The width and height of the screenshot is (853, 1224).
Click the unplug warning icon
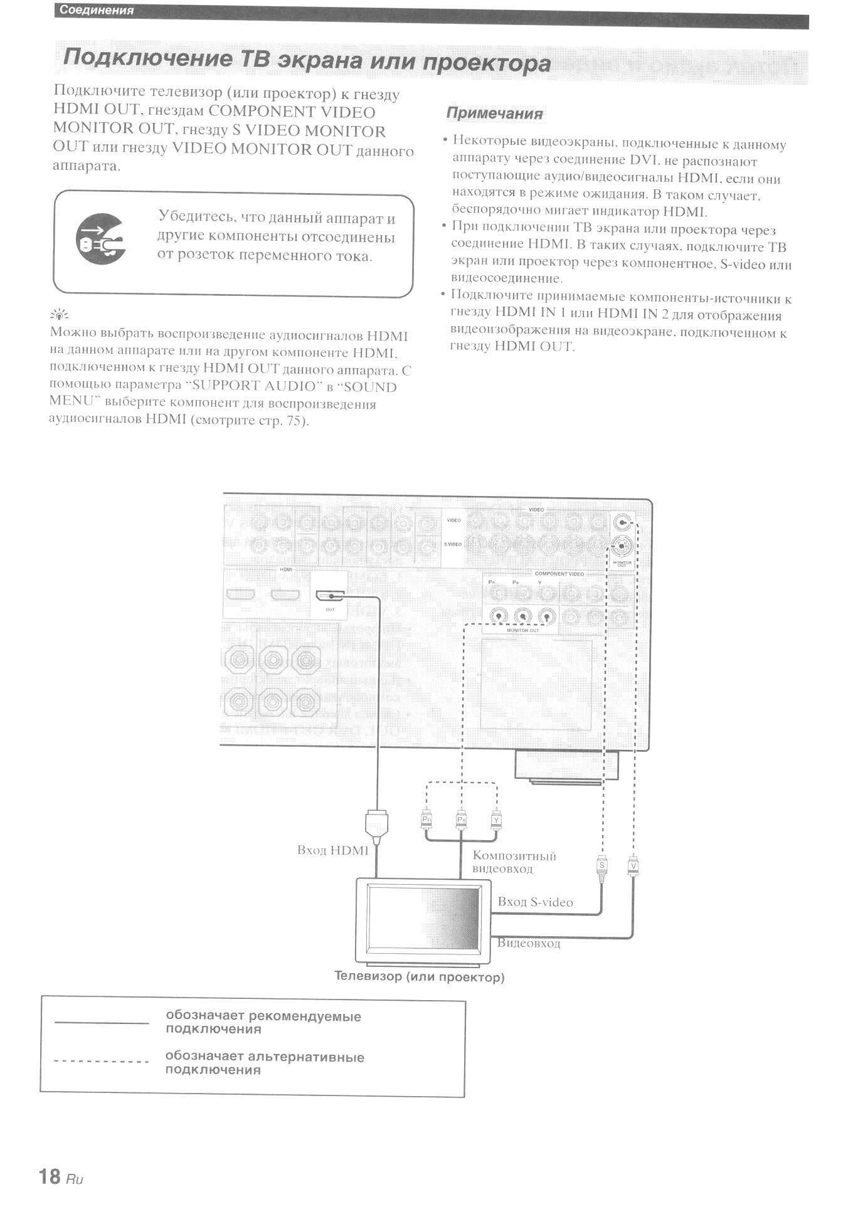pyautogui.click(x=100, y=239)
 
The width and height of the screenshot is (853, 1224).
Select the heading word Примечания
pyautogui.click(x=494, y=113)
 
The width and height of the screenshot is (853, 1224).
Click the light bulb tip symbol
pyautogui.click(x=60, y=315)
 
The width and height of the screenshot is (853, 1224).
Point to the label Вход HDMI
pyautogui.click(x=332, y=850)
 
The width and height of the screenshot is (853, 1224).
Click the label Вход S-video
pyautogui.click(x=535, y=902)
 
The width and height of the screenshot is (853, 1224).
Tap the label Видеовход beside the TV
pyautogui.click(x=528, y=943)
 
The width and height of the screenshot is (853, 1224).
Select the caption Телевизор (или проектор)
pyautogui.click(x=419, y=977)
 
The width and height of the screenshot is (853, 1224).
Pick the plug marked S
pyautogui.click(x=601, y=867)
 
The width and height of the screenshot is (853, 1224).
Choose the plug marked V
pyautogui.click(x=633, y=867)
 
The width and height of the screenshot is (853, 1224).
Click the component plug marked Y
pyautogui.click(x=496, y=819)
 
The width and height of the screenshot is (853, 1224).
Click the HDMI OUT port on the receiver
pyautogui.click(x=330, y=595)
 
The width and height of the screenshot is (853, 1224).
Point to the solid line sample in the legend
pyautogui.click(x=102, y=1023)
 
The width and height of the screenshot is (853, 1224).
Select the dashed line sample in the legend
pyautogui.click(x=102, y=1062)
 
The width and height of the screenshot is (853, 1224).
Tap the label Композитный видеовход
pyautogui.click(x=514, y=862)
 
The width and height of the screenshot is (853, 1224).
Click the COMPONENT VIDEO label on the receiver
pyautogui.click(x=559, y=574)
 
